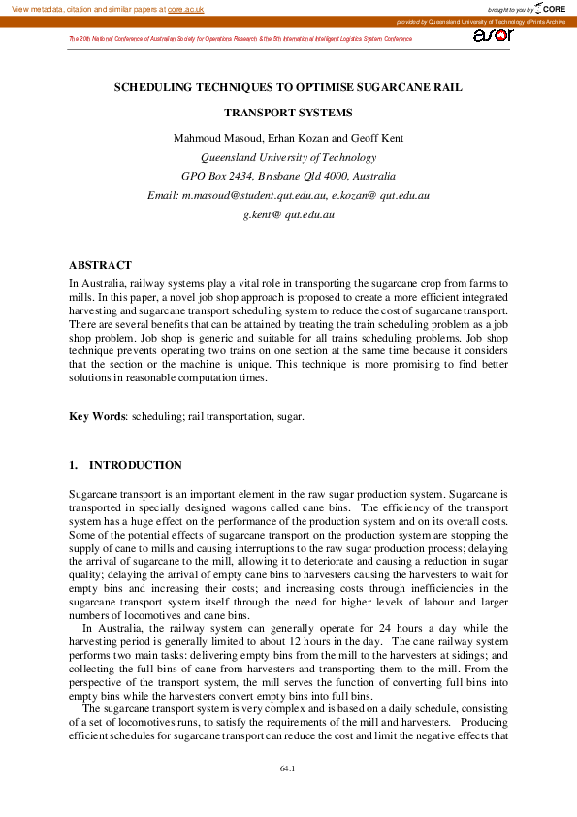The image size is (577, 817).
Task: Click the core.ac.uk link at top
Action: click(x=185, y=9)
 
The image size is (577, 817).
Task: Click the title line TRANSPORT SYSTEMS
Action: click(x=288, y=113)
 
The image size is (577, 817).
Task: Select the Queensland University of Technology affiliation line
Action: click(x=288, y=157)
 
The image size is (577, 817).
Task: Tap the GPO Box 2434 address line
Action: click(x=288, y=177)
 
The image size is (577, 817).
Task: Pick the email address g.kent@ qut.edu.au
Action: click(x=288, y=214)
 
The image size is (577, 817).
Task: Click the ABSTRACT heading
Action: click(x=100, y=265)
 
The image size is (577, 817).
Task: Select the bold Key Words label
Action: click(x=97, y=416)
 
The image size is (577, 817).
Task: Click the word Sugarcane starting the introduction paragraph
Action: click(x=94, y=494)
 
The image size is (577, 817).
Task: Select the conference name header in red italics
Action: click(x=240, y=39)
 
